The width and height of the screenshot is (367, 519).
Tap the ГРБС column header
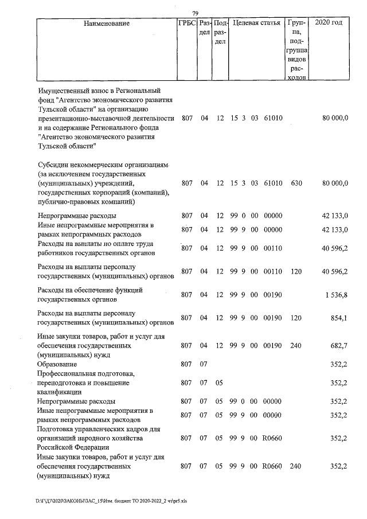point(187,24)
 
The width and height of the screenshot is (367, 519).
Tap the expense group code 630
point(296,183)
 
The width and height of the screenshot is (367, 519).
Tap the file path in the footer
point(115,500)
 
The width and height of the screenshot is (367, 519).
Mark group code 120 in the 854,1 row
point(296,318)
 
